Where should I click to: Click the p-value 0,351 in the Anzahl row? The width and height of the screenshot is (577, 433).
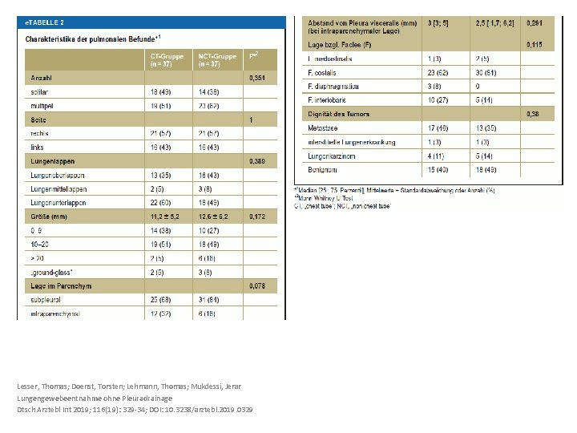click(x=257, y=79)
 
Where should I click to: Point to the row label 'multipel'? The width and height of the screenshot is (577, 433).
click(x=42, y=106)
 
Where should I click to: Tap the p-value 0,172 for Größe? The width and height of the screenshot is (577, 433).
click(x=257, y=216)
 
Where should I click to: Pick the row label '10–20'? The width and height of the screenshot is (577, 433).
click(x=39, y=244)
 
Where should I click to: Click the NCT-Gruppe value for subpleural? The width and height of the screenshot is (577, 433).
click(x=210, y=300)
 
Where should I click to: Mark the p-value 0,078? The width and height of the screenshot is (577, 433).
click(x=257, y=285)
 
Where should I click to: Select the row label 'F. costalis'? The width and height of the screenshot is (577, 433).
click(x=325, y=72)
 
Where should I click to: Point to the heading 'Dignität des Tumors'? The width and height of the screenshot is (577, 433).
click(x=339, y=114)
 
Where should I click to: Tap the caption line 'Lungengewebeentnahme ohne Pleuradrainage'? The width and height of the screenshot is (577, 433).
click(x=94, y=398)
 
